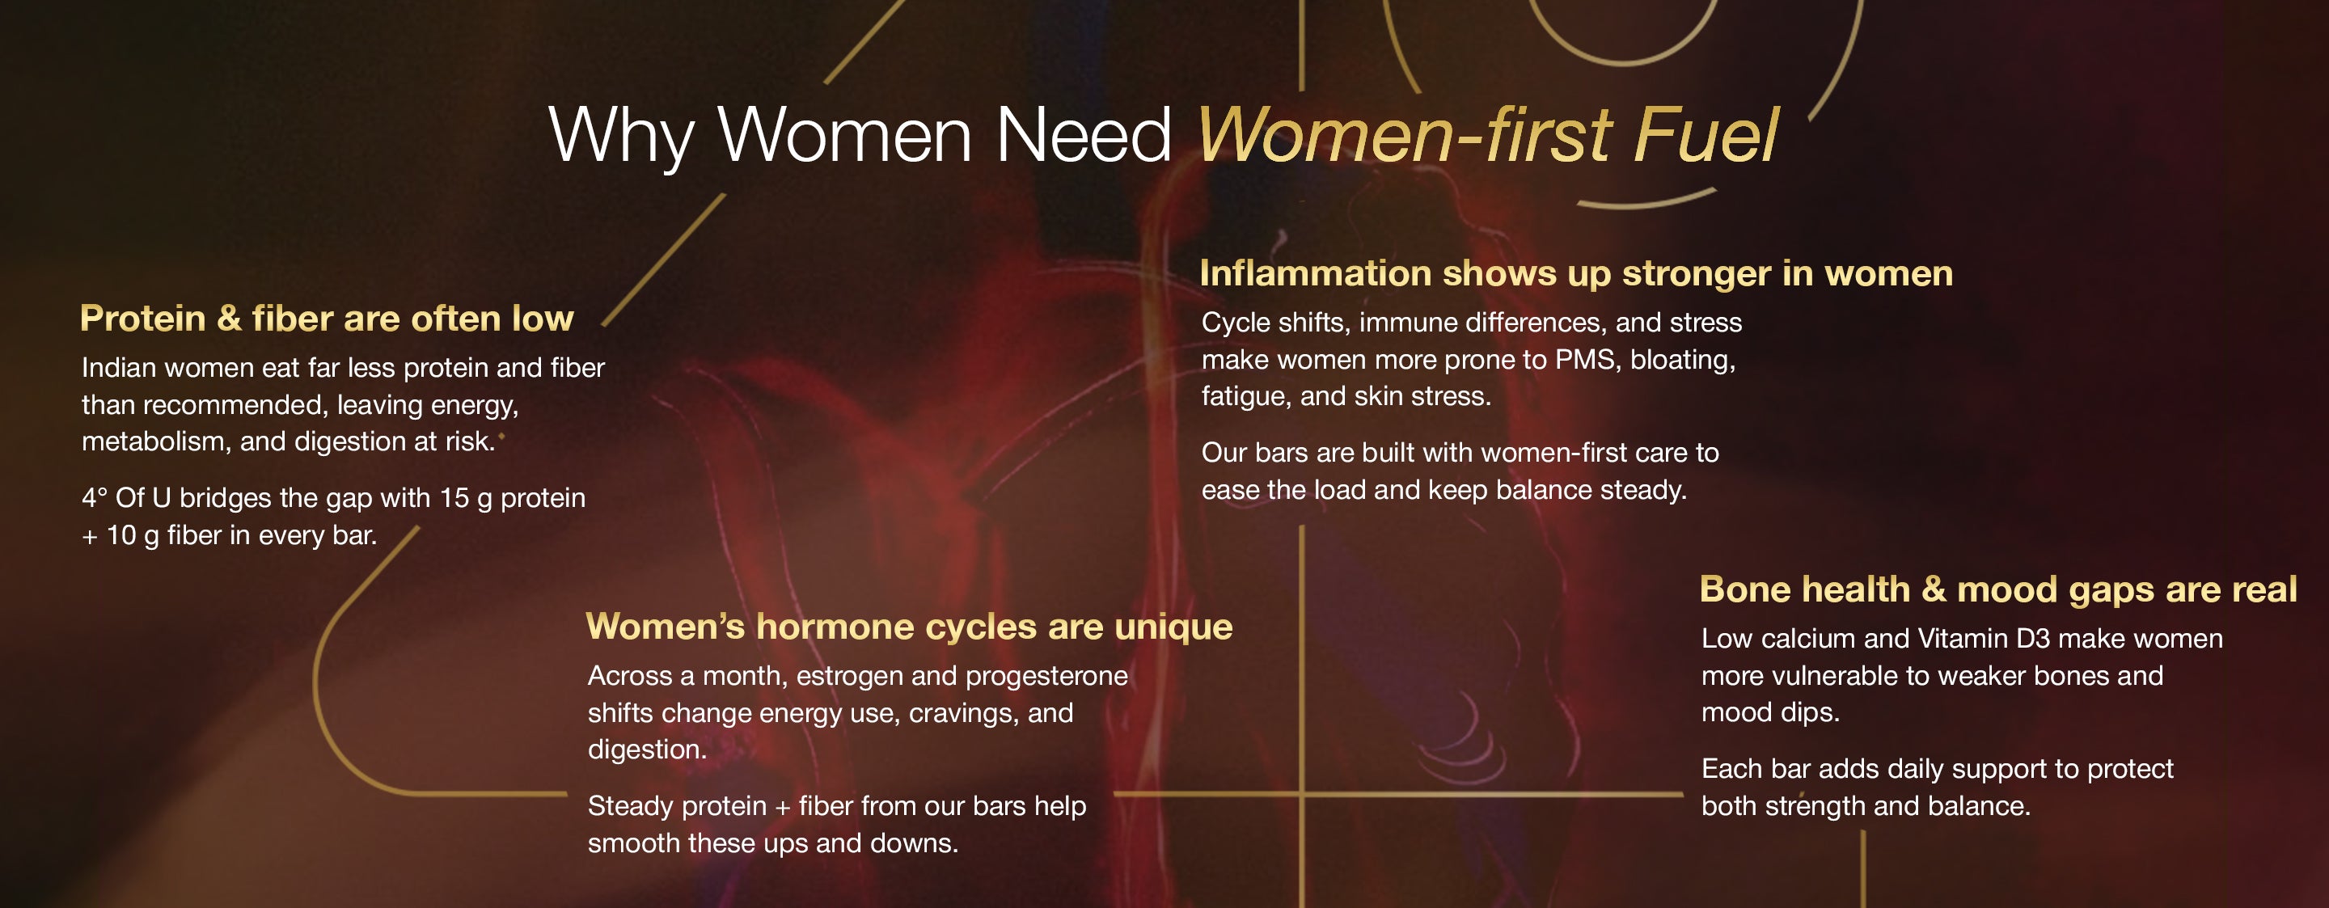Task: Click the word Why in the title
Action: coord(621,136)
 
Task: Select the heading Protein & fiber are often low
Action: coord(327,319)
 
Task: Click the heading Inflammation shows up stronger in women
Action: coord(1576,273)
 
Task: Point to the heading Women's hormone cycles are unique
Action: coord(909,627)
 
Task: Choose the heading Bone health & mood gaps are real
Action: coord(1998,589)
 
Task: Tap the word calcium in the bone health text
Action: coord(1808,639)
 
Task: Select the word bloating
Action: coord(1683,361)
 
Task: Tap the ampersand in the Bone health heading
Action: coord(1933,589)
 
